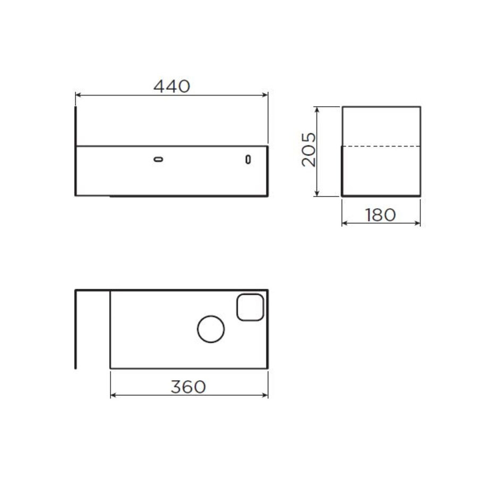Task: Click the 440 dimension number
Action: pos(172,87)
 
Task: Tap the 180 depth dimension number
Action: pos(381,215)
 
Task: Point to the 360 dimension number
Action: pos(188,387)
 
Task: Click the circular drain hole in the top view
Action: pos(211,329)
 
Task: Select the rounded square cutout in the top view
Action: pos(250,307)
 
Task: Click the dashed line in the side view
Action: pos(381,146)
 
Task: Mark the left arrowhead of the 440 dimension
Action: pos(78,96)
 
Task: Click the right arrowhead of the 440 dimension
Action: pos(265,96)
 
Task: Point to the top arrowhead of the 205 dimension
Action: pos(317,109)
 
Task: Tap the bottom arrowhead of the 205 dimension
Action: pos(317,193)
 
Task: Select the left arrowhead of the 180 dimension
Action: pos(344,223)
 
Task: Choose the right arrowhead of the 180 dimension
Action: pos(418,223)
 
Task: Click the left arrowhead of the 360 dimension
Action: pos(113,395)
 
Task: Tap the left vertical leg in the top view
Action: pos(76,329)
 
